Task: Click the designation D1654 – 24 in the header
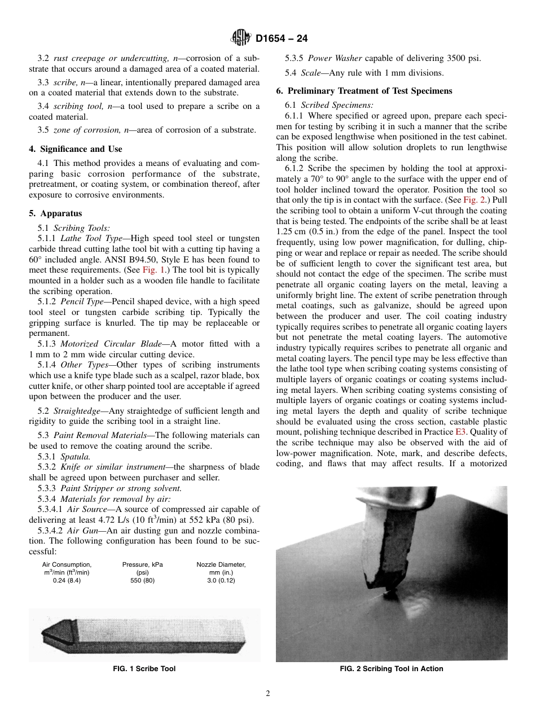[281, 39]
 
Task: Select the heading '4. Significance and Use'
[75, 149]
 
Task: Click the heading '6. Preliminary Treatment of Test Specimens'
[364, 90]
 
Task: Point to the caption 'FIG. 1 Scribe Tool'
[144, 669]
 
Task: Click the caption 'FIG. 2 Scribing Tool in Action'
[391, 669]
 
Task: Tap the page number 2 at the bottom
[267, 694]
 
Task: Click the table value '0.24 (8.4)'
[67, 580]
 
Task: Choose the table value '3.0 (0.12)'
[221, 580]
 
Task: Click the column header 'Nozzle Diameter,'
[221, 564]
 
